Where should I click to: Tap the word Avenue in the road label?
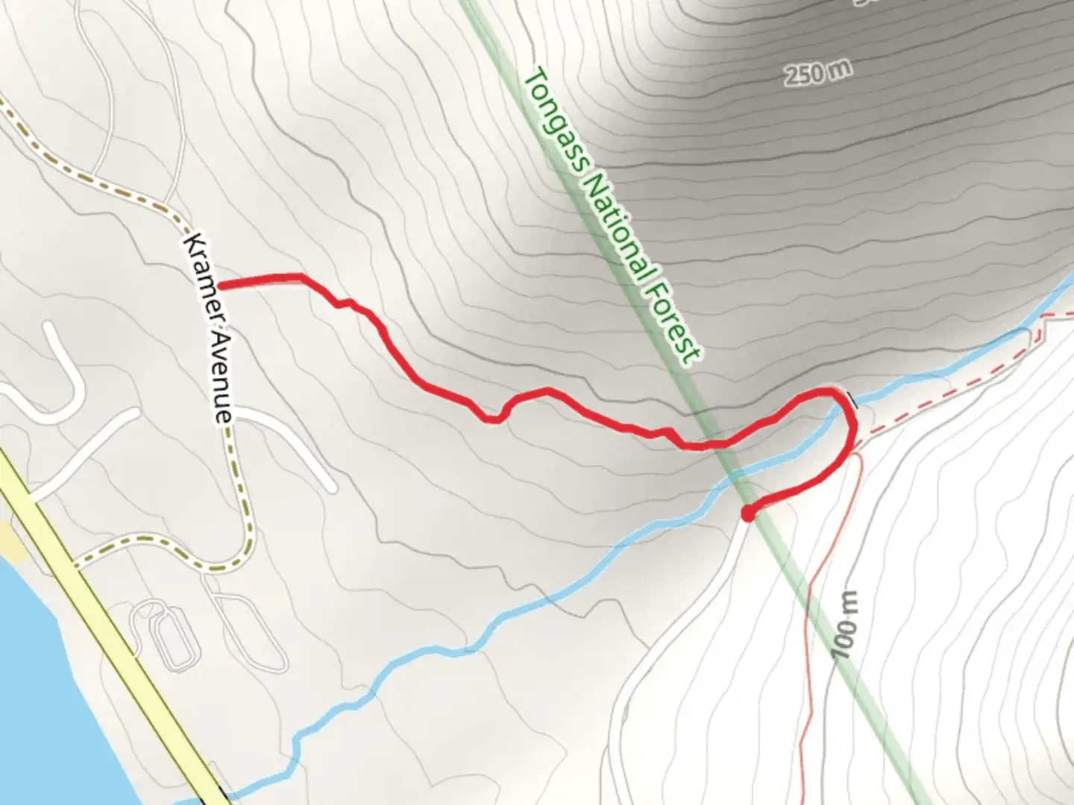(222, 379)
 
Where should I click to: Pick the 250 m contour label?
(817, 72)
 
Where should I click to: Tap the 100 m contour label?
(845, 625)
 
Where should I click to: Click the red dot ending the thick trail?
(747, 513)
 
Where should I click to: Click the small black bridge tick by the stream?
(852, 400)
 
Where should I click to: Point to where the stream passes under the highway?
(216, 795)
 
